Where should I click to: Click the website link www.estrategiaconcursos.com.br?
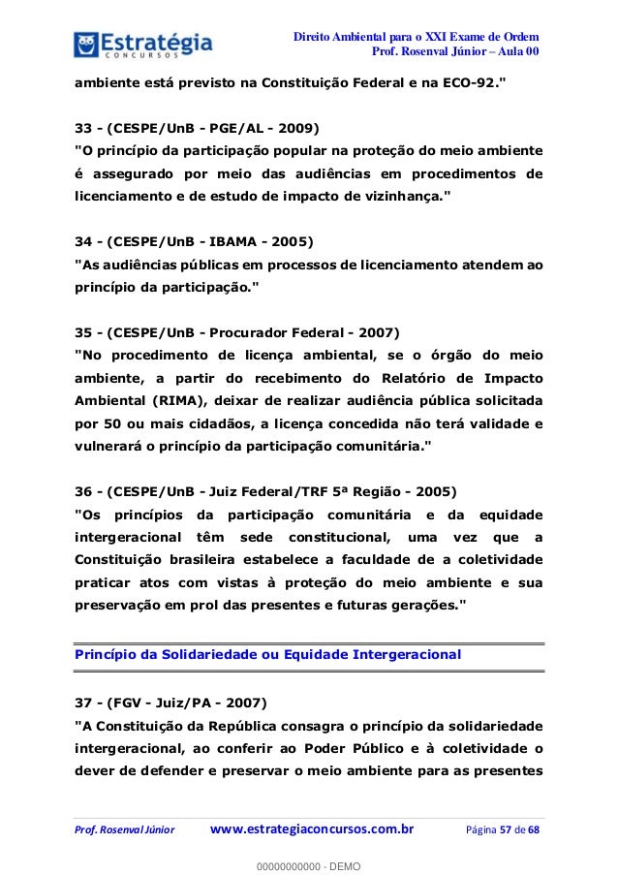(312, 828)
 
